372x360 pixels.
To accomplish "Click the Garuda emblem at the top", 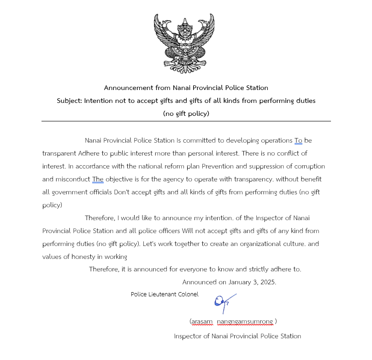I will pos(184,42).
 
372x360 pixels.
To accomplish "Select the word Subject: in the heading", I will pos(69,101).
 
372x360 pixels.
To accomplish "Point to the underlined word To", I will pos(298,140).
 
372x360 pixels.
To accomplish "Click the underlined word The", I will pos(98,179).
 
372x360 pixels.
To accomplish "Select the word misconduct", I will pos(72,179).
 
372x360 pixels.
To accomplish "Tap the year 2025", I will pos(268,282).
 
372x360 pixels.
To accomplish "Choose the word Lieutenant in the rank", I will pos(161,294).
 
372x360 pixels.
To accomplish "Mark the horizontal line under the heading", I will pos(186,121).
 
